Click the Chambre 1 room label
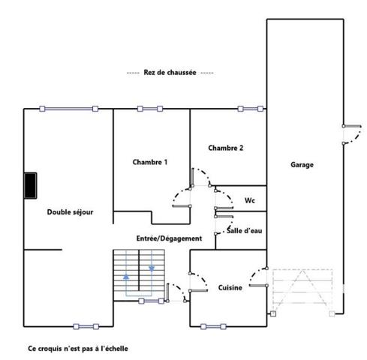[x=149, y=162]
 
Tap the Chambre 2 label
[x=225, y=148]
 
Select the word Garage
[x=302, y=165]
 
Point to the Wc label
[x=251, y=200]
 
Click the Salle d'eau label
[x=245, y=232]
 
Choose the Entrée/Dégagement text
[x=169, y=238]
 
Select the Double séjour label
[x=70, y=212]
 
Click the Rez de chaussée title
[x=170, y=73]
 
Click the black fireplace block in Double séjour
[x=30, y=186]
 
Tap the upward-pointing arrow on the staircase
[x=125, y=275]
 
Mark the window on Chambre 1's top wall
[x=150, y=109]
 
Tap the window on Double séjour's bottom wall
[x=86, y=325]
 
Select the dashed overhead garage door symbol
[x=301, y=289]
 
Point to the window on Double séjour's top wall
[x=69, y=109]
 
